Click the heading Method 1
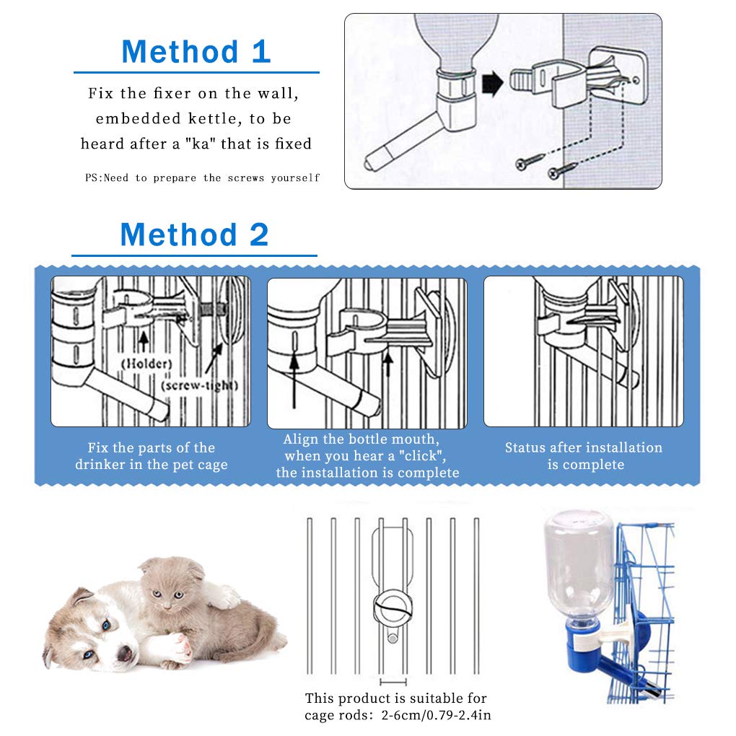pos(196,52)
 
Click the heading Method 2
pos(194,235)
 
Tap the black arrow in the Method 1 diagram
pos(492,84)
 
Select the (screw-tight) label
pos(199,385)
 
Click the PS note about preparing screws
pos(202,178)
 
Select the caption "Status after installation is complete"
pos(583,456)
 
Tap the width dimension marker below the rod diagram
pos(393,680)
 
